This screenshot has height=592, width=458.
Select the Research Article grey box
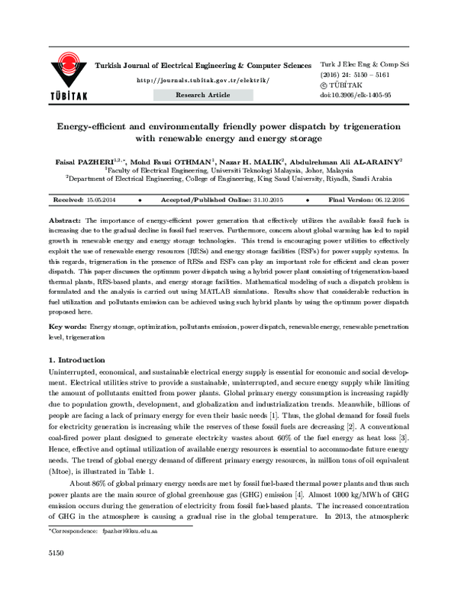click(x=202, y=95)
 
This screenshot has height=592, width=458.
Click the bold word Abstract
click(x=63, y=217)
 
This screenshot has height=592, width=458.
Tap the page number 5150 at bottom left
click(x=56, y=573)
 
